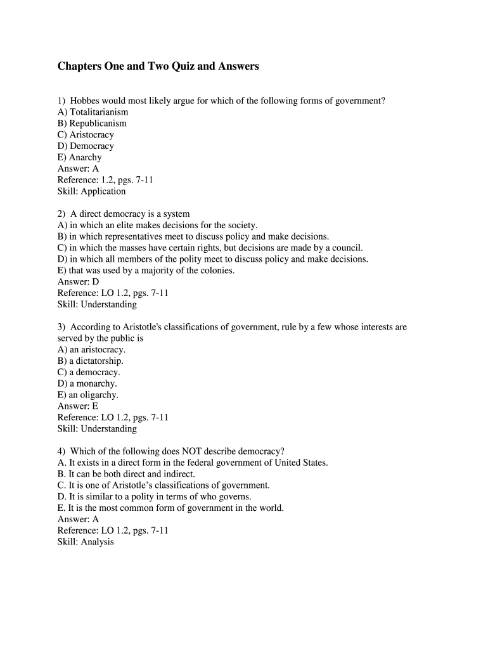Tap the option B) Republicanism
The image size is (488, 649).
pyautogui.click(x=92, y=124)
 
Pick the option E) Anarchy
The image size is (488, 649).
pyautogui.click(x=79, y=157)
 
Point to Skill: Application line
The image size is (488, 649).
pyautogui.click(x=91, y=191)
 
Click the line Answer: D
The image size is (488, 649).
pyautogui.click(x=78, y=282)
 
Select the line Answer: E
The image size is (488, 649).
pyautogui.click(x=78, y=406)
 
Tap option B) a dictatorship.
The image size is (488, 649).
pyautogui.click(x=90, y=361)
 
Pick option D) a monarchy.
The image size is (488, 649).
pyautogui.click(x=87, y=383)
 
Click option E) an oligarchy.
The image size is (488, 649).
pyautogui.click(x=87, y=395)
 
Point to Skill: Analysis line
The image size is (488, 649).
pyautogui.click(x=86, y=543)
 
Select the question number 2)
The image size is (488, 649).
pyautogui.click(x=61, y=214)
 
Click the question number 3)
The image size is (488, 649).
pyautogui.click(x=61, y=327)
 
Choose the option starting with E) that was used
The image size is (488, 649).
pyautogui.click(x=146, y=271)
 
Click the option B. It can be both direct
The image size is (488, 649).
pyautogui.click(x=126, y=474)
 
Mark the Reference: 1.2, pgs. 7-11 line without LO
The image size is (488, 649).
pyautogui.click(x=105, y=180)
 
